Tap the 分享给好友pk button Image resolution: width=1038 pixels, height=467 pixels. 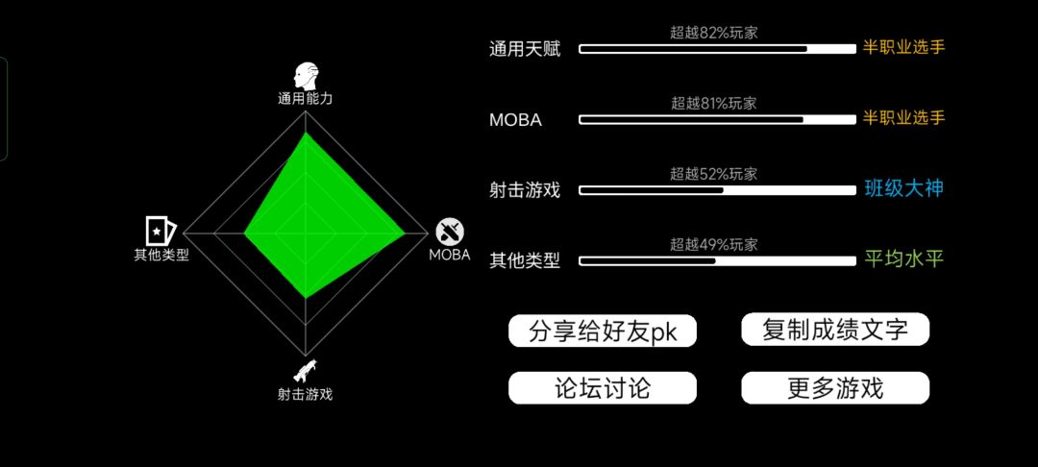603,331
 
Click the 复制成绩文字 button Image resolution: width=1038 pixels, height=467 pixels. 835,330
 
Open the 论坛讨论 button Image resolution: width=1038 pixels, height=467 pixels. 603,388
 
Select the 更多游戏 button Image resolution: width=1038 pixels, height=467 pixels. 835,388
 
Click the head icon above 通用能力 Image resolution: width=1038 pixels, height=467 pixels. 306,77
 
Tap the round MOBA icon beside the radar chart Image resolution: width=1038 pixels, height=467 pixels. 450,232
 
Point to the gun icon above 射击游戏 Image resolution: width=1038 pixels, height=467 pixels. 305,372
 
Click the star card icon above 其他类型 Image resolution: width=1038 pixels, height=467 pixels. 161,231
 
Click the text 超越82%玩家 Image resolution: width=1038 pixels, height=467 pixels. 713,33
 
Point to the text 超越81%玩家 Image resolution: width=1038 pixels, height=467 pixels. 713,103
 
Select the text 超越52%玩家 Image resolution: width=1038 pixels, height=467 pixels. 713,174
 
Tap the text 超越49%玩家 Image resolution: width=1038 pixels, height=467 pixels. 713,245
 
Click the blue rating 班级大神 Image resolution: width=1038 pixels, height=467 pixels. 903,189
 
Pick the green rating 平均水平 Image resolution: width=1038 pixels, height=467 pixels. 903,259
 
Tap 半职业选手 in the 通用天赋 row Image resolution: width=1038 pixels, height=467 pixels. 903,48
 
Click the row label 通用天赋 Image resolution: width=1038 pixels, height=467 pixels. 525,49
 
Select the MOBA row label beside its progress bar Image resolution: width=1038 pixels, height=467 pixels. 516,120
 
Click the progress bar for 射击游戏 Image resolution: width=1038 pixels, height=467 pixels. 718,190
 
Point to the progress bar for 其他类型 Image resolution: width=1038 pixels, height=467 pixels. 718,261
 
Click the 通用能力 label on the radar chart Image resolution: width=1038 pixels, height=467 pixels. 306,100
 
